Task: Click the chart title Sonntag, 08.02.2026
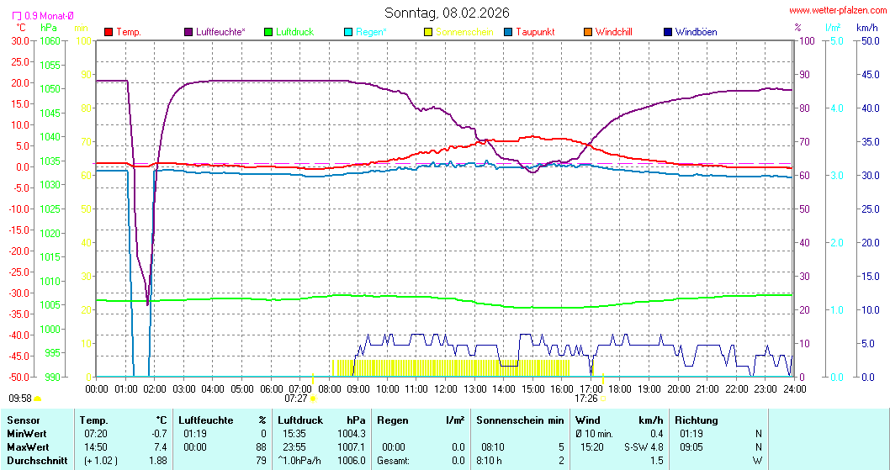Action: point(447,13)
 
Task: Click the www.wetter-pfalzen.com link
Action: point(837,10)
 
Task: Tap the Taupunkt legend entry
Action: point(534,32)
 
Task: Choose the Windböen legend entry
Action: point(696,32)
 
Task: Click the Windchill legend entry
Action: point(613,32)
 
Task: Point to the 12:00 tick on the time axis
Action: point(446,388)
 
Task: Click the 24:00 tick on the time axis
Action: point(794,388)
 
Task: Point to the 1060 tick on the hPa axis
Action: point(50,40)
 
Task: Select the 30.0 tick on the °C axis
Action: point(19,40)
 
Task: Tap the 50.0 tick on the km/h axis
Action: point(870,40)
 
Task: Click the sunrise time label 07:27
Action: point(296,399)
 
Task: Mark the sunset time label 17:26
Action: point(586,399)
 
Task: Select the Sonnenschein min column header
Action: point(519,420)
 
